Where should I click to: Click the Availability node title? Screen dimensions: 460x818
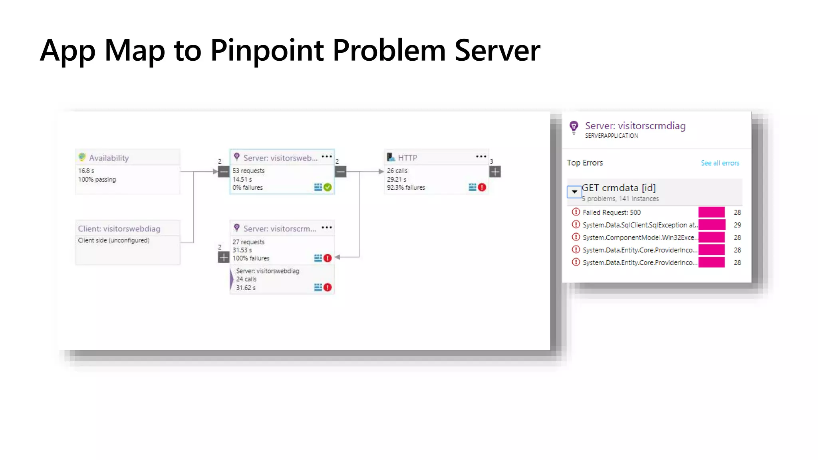click(x=109, y=158)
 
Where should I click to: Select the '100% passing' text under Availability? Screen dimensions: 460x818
click(x=97, y=180)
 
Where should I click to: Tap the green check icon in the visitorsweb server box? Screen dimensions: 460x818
click(x=328, y=187)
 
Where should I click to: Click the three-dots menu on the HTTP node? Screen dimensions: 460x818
click(x=481, y=157)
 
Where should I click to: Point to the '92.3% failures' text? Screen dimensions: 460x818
click(x=406, y=188)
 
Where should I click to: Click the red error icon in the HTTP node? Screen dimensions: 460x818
click(x=482, y=187)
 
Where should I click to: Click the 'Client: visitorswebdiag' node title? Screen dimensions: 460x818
click(x=119, y=229)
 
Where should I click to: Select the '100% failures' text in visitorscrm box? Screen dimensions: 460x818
click(x=251, y=258)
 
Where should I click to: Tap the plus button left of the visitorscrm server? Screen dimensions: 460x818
click(x=224, y=258)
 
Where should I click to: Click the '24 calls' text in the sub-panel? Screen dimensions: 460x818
click(x=246, y=279)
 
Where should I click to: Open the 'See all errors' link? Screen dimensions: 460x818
click(x=720, y=163)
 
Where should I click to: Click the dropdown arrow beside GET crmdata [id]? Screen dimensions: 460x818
click(x=574, y=192)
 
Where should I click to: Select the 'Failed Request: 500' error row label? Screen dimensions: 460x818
click(x=612, y=212)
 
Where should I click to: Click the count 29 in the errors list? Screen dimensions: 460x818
click(x=737, y=225)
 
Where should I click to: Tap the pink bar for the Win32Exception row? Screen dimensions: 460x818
click(x=711, y=238)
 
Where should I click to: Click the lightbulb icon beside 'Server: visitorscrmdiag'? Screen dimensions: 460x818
click(x=574, y=127)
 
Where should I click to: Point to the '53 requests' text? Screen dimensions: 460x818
click(x=248, y=171)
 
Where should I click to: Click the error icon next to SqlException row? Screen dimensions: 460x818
click(x=576, y=225)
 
